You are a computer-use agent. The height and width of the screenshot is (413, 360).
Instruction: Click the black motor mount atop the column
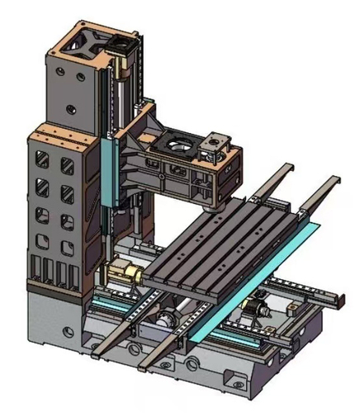pos(124,41)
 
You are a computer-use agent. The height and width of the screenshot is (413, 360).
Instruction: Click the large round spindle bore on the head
pos(181,147)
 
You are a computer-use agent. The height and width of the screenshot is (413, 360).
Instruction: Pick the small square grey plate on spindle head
pos(220,140)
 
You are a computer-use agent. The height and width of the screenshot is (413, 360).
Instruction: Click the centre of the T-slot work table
pos(223,244)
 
